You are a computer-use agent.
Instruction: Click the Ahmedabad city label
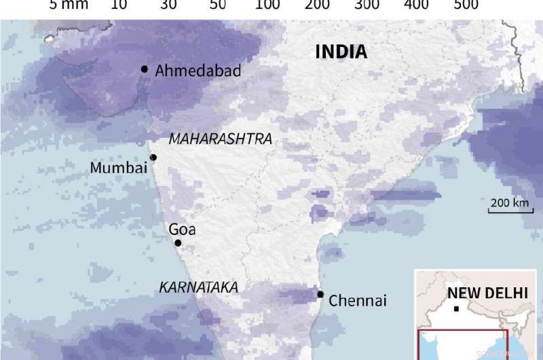click(x=198, y=71)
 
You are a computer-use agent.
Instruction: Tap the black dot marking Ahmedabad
click(x=145, y=69)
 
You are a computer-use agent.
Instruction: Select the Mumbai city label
click(x=119, y=168)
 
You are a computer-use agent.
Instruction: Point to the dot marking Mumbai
click(x=153, y=158)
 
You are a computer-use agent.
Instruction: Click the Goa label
click(x=182, y=230)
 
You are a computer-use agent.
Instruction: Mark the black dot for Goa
click(x=178, y=243)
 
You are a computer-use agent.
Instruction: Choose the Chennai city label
click(x=357, y=300)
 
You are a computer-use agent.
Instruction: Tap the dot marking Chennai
click(x=320, y=294)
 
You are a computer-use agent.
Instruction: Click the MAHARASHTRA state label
click(x=220, y=139)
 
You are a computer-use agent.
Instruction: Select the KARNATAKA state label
click(x=198, y=288)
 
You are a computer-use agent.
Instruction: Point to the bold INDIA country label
click(x=341, y=52)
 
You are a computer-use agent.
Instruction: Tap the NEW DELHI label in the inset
click(x=487, y=293)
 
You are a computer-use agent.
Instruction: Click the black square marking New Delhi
click(x=456, y=309)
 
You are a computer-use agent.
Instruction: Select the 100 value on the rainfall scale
click(x=268, y=5)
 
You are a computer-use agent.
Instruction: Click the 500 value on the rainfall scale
click(x=466, y=5)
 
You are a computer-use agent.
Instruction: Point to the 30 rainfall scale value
click(x=168, y=5)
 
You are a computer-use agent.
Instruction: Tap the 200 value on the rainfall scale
click(x=318, y=5)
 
